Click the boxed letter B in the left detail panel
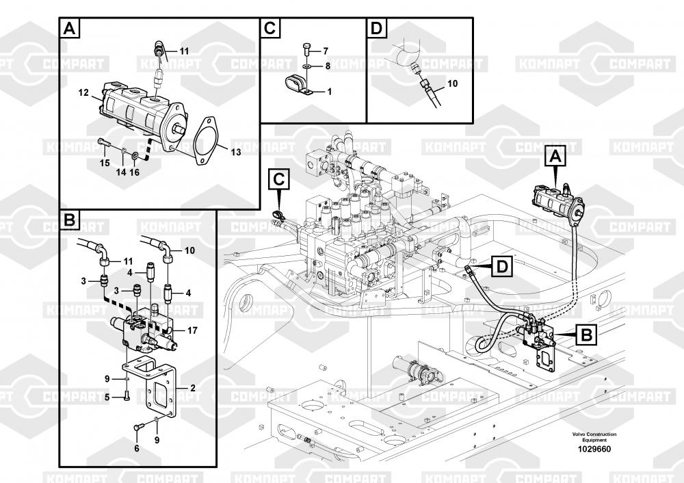pyautogui.click(x=68, y=220)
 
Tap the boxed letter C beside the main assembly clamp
pyautogui.click(x=279, y=180)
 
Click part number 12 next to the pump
pyautogui.click(x=83, y=92)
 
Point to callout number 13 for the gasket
pyautogui.click(x=235, y=153)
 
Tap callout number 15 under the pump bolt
pyautogui.click(x=105, y=163)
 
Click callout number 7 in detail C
pyautogui.click(x=326, y=51)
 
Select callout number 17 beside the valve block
pyautogui.click(x=192, y=330)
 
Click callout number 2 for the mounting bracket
pyautogui.click(x=192, y=388)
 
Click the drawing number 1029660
pyautogui.click(x=594, y=449)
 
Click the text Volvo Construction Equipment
pyautogui.click(x=594, y=437)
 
